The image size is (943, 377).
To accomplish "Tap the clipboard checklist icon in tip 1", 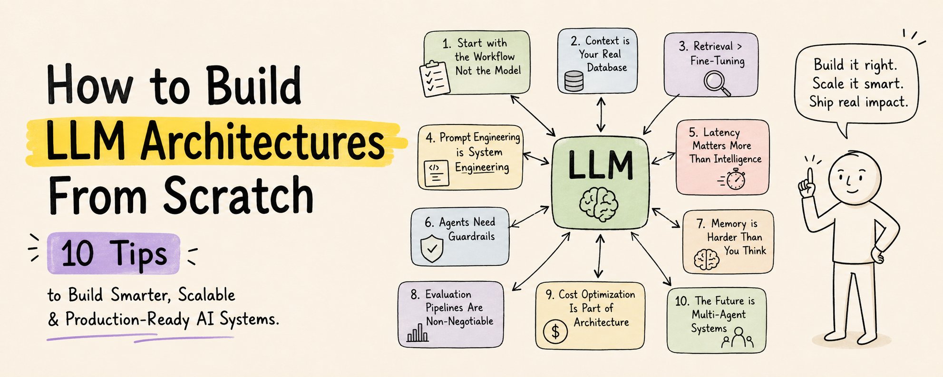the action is tap(435, 78).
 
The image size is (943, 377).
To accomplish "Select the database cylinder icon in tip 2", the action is tap(574, 81).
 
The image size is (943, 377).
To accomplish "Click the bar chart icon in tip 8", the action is tap(418, 333).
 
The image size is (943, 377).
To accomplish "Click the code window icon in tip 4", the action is tap(436, 174).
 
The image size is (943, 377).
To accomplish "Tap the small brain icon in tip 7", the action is tap(706, 260).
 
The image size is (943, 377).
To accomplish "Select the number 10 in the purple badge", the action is tap(78, 253).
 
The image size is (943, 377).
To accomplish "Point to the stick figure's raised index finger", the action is tap(809, 177).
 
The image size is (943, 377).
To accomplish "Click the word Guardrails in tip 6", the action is tap(471, 236).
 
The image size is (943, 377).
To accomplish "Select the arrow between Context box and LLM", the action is tap(601, 115).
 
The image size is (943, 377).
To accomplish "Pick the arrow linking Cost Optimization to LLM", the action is tap(599, 256).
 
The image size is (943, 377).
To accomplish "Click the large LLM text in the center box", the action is tap(601, 165).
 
